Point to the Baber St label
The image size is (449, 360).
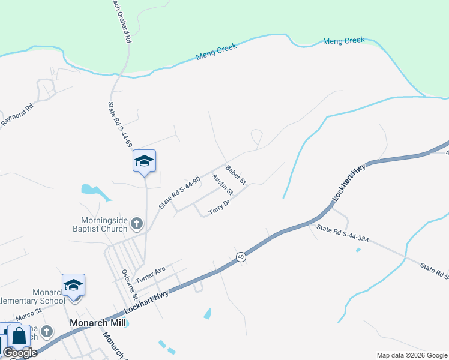236,175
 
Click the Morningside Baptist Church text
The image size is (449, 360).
104,224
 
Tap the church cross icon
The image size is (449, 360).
137,224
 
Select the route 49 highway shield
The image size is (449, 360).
240,256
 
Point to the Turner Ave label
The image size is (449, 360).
150,275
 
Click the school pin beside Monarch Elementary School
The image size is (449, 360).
73,285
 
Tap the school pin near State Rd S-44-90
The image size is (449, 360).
144,161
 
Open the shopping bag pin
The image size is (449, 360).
19,337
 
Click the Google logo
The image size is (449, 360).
20,353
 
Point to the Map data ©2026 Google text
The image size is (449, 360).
411,355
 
